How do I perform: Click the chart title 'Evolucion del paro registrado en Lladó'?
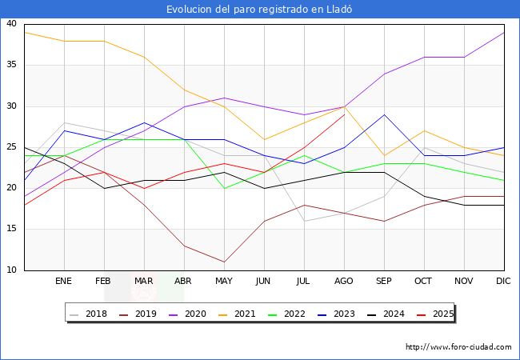[x=259, y=10]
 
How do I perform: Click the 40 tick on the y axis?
[x=11, y=24]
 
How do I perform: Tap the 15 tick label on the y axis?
[x=11, y=230]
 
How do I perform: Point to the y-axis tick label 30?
[x=11, y=106]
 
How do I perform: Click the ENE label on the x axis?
[x=64, y=282]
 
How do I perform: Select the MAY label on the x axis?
[x=224, y=282]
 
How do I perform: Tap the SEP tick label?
[x=384, y=282]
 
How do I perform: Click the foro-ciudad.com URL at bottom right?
[x=458, y=347]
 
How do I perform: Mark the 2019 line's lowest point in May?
[x=224, y=262]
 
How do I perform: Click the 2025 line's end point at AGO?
[x=344, y=114]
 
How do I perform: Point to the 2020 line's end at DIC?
[x=504, y=32]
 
